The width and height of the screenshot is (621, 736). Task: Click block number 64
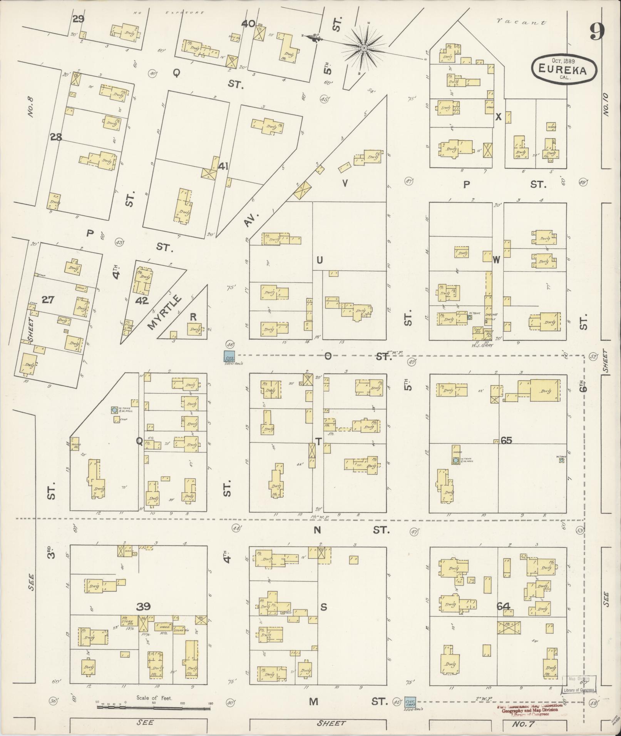[x=503, y=607]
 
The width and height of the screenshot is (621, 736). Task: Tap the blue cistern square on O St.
[x=229, y=356]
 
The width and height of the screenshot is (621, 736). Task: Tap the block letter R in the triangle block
[x=193, y=317]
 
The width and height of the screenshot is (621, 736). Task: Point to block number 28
[x=56, y=137]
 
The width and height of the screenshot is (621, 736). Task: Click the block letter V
[x=345, y=184]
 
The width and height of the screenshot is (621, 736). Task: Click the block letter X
[x=498, y=117]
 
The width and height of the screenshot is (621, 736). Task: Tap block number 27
[x=48, y=299]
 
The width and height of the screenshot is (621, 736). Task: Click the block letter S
[x=323, y=607]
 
